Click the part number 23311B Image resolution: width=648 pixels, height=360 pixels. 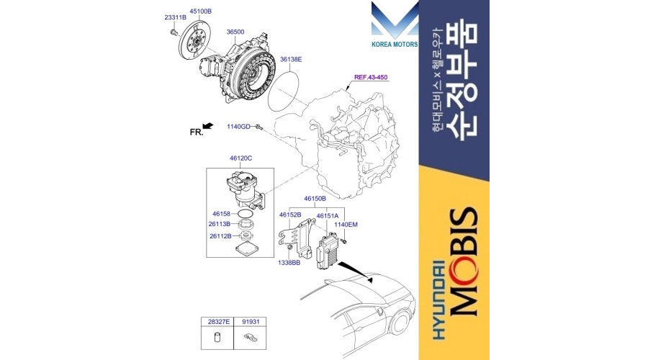[x=175, y=17]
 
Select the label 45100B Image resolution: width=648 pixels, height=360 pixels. [x=200, y=12]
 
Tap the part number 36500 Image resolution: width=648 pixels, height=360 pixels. [x=235, y=32]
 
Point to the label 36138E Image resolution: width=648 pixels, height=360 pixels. [x=291, y=60]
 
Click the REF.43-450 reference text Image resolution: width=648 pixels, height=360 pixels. [x=371, y=77]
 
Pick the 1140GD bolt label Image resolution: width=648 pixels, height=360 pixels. [x=238, y=127]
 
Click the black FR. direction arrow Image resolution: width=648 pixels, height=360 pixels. [x=208, y=126]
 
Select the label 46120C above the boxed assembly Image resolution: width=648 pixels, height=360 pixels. [x=241, y=158]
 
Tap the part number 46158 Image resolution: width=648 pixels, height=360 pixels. [x=222, y=214]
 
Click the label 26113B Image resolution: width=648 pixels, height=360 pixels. [x=219, y=224]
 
